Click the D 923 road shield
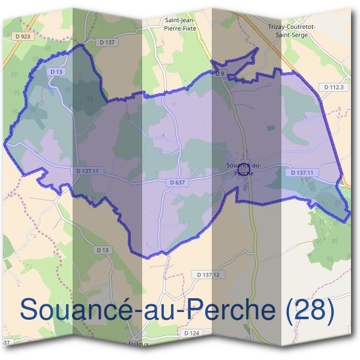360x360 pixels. click(22, 37)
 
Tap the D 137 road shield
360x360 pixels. click(106, 42)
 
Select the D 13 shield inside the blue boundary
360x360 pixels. click(56, 71)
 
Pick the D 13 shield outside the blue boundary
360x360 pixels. click(103, 249)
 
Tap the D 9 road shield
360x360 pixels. click(220, 73)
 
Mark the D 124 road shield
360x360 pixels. click(191, 333)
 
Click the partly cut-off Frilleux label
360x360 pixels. click(140, 344)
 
